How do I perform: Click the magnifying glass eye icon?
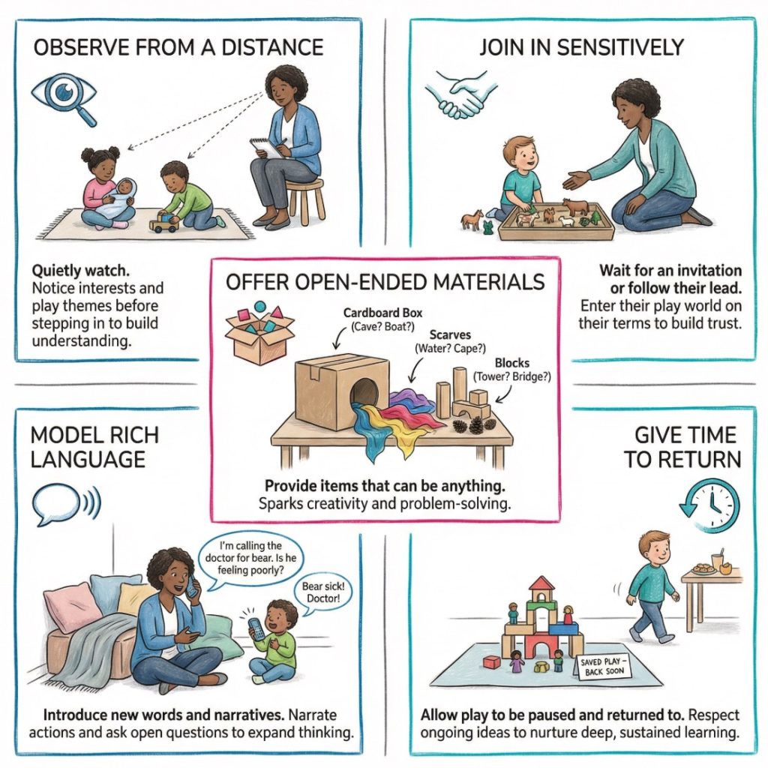64,98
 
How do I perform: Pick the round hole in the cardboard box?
365,393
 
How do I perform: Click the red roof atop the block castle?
541,586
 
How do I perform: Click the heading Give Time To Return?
682,448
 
